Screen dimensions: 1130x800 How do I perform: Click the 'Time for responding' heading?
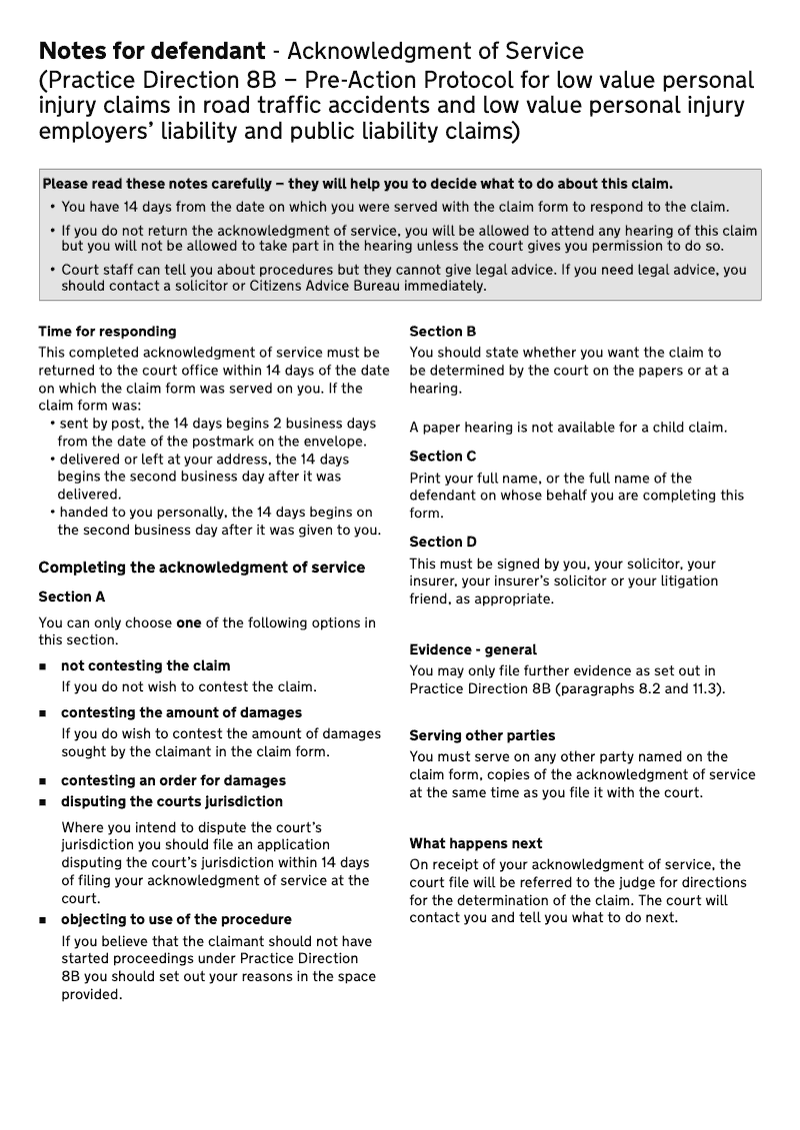[107, 331]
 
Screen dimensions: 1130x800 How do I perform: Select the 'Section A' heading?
[71, 596]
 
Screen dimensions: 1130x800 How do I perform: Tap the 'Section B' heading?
[442, 331]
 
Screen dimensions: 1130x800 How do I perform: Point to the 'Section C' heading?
[442, 456]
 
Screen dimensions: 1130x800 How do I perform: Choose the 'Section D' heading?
[442, 542]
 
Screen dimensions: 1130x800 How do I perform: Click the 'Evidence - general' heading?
[473, 649]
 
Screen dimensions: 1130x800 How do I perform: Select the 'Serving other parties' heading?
[482, 735]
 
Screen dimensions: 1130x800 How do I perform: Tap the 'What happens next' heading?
[476, 843]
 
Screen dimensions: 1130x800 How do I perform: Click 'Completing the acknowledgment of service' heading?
[201, 567]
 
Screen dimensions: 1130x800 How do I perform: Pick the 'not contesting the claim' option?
[145, 665]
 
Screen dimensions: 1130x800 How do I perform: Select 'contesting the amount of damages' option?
[181, 712]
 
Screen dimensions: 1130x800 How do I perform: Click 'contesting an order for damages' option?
[173, 780]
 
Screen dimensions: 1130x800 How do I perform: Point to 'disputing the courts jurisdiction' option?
[172, 801]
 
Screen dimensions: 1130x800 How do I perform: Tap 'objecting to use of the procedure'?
[176, 919]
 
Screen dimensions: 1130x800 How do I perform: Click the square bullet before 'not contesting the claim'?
[43, 666]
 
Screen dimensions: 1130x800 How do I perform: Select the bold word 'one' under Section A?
[189, 622]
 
